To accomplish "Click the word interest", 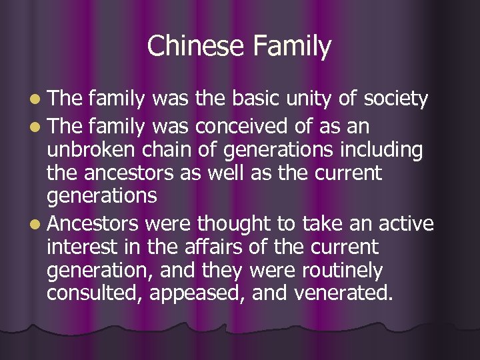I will pyautogui.click(x=81, y=247).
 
